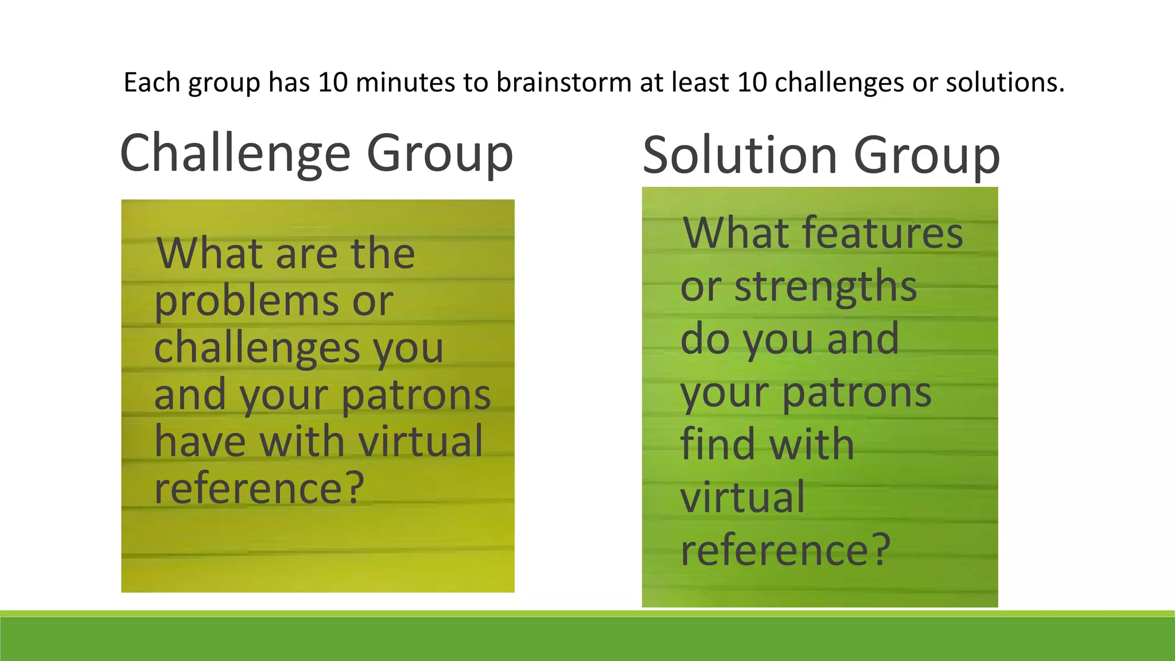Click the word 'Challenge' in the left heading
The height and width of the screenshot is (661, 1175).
(235, 154)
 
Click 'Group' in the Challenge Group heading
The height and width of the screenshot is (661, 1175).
(439, 154)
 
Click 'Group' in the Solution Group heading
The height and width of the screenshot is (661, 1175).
(927, 156)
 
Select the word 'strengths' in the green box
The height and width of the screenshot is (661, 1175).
(826, 287)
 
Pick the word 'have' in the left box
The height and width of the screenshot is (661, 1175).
(200, 442)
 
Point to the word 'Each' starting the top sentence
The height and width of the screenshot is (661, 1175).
(152, 82)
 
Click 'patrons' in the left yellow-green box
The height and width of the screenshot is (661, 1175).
(416, 396)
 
